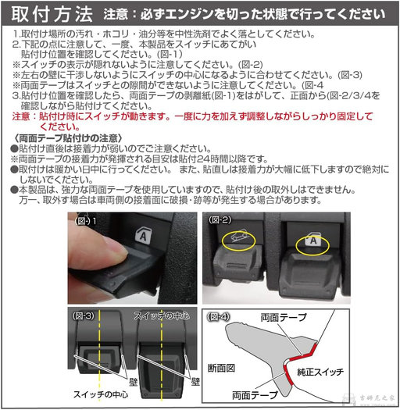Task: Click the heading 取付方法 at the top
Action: pos(48,14)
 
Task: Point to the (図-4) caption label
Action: pos(221,317)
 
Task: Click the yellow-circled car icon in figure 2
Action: pos(239,238)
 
